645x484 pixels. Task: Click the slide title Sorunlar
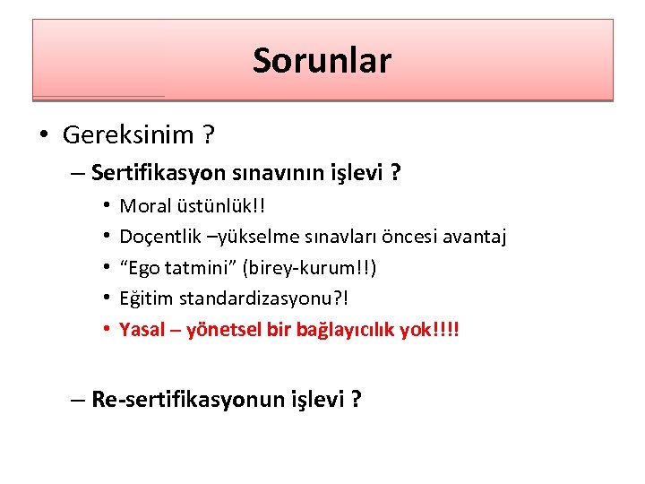(x=322, y=61)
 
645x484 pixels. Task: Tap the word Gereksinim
(x=128, y=135)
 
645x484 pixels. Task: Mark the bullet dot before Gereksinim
(x=44, y=136)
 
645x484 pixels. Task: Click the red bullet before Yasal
(x=107, y=329)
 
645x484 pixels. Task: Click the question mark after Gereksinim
(x=208, y=135)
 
